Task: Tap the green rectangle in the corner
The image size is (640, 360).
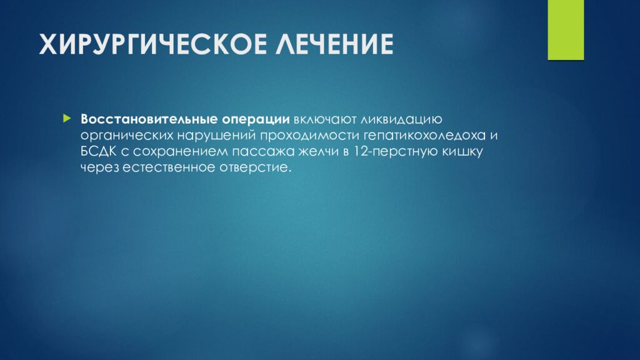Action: tap(565, 29)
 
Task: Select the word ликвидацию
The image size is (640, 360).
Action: tap(402, 119)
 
